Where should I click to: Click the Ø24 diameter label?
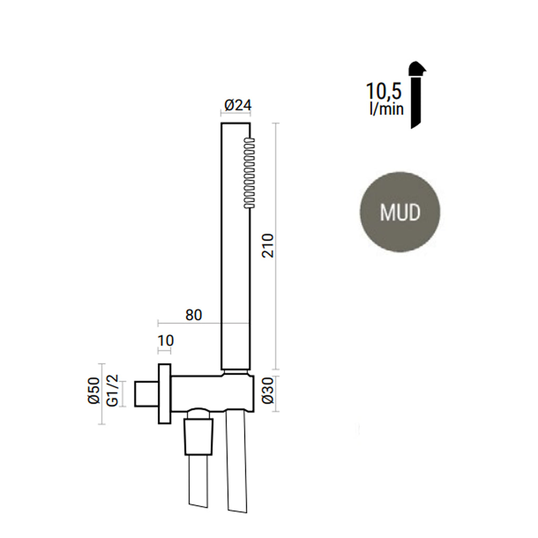click(237, 106)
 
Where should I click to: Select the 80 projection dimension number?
click(194, 315)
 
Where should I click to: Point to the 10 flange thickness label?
click(165, 340)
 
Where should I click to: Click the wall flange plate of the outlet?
click(164, 394)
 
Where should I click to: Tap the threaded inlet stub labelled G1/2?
click(146, 394)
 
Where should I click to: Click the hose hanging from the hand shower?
click(237, 462)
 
